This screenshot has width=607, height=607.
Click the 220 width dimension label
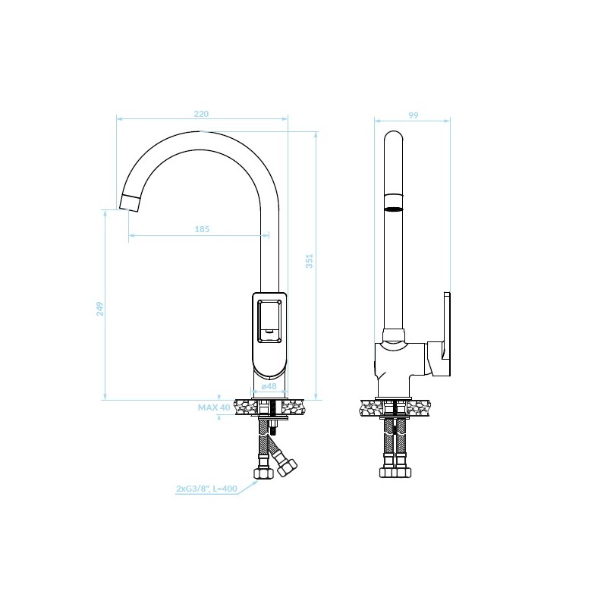pyautogui.click(x=201, y=114)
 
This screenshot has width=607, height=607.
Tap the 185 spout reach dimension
pyautogui.click(x=202, y=229)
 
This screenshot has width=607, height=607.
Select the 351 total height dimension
pyautogui.click(x=310, y=261)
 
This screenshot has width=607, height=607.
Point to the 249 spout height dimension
pyautogui.click(x=100, y=309)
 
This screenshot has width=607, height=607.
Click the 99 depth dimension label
pyautogui.click(x=414, y=115)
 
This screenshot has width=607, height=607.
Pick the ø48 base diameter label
pyautogui.click(x=269, y=386)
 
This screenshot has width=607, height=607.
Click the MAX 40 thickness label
pyautogui.click(x=214, y=407)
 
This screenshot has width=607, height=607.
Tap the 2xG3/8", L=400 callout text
pyautogui.click(x=206, y=489)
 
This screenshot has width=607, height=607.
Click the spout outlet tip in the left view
pyautogui.click(x=129, y=203)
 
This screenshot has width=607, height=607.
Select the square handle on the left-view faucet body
pyautogui.click(x=270, y=321)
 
